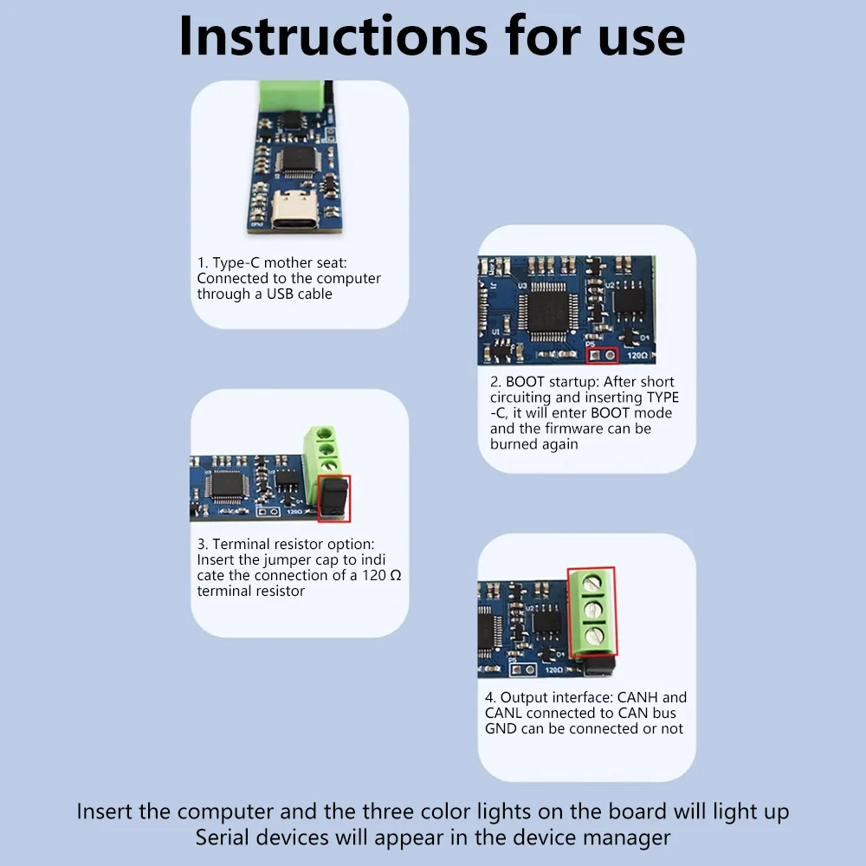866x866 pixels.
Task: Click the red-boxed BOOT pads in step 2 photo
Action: tap(603, 354)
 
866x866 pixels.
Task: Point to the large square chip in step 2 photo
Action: tap(546, 310)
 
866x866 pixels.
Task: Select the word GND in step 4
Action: tap(501, 728)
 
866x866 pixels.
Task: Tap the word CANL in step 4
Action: tap(503, 713)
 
